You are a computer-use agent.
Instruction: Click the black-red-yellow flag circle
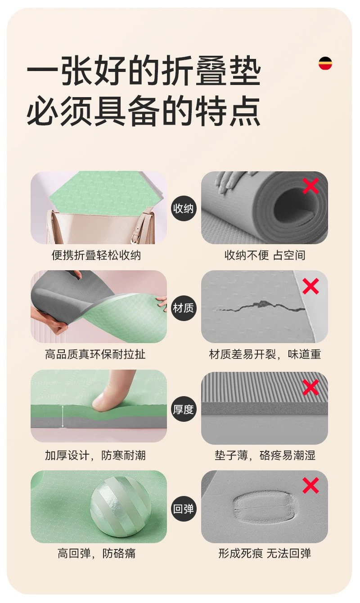(x=325, y=63)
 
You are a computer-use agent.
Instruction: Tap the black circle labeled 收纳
(x=183, y=208)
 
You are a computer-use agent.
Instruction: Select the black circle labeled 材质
(x=183, y=308)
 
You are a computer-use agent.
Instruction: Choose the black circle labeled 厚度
(x=183, y=410)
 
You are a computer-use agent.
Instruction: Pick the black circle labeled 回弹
(x=183, y=509)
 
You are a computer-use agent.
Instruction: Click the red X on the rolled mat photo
(x=310, y=186)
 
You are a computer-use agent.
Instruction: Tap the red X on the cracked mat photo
(x=310, y=286)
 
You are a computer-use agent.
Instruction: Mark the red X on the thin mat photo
(x=310, y=387)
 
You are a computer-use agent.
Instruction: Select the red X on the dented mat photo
(x=310, y=485)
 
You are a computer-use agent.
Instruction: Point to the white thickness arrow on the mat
(x=63, y=416)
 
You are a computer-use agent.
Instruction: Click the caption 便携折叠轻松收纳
(x=96, y=255)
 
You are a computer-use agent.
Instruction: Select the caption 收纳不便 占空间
(x=265, y=255)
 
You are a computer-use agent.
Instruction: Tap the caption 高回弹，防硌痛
(x=96, y=554)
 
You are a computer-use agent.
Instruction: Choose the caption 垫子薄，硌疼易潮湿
(x=265, y=456)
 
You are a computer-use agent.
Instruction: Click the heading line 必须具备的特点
(x=143, y=111)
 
